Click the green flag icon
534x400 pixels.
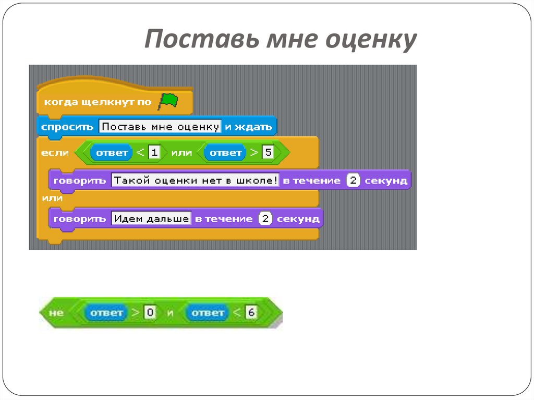168,101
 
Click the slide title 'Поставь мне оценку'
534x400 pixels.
280,40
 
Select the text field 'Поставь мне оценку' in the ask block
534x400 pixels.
160,127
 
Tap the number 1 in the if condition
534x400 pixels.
154,152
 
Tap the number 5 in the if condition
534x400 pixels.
268,152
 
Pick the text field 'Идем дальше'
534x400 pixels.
151,219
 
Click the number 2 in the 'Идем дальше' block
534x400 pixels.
265,219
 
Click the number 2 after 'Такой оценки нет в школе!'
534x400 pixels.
353,180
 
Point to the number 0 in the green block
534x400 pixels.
150,313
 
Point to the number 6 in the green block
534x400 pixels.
251,313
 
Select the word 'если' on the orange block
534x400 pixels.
55,153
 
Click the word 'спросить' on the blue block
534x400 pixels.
67,127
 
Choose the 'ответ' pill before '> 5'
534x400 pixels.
225,152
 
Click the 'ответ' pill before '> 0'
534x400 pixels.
106,313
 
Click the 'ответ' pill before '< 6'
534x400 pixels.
207,313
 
